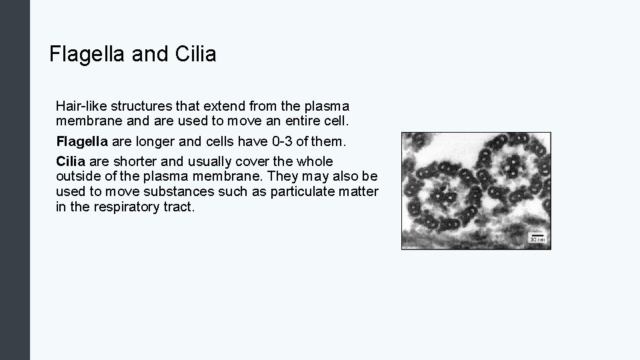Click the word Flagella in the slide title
[88, 54]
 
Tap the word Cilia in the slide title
[196, 54]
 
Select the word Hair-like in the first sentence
[77, 106]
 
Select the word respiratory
[127, 207]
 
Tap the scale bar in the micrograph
[537, 235]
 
